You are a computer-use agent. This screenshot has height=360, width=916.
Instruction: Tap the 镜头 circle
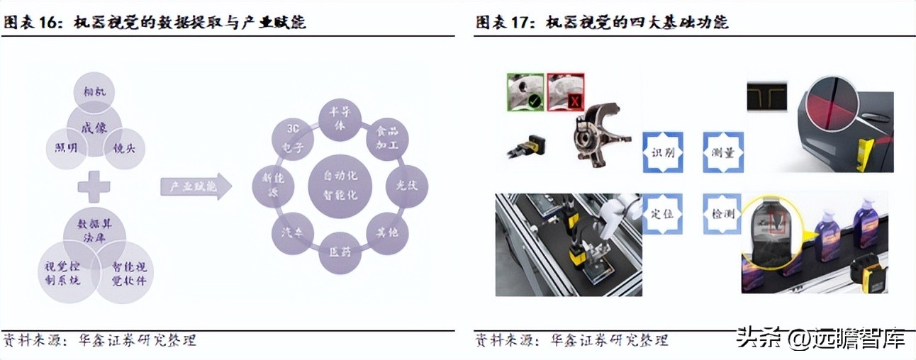pos(124,147)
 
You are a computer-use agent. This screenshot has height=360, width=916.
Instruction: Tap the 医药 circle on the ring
pos(340,253)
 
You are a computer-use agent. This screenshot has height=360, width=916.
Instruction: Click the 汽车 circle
pos(293,233)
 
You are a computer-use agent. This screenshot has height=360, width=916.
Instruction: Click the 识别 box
pos(662,152)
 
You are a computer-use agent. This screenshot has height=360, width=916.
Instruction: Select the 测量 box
pos(723,152)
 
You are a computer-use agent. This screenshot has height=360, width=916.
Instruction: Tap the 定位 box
pos(662,213)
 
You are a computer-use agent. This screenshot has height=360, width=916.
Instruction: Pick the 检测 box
pos(723,213)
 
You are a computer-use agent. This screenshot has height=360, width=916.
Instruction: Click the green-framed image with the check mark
pos(525,91)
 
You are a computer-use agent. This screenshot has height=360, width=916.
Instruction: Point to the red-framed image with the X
pos(566,91)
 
